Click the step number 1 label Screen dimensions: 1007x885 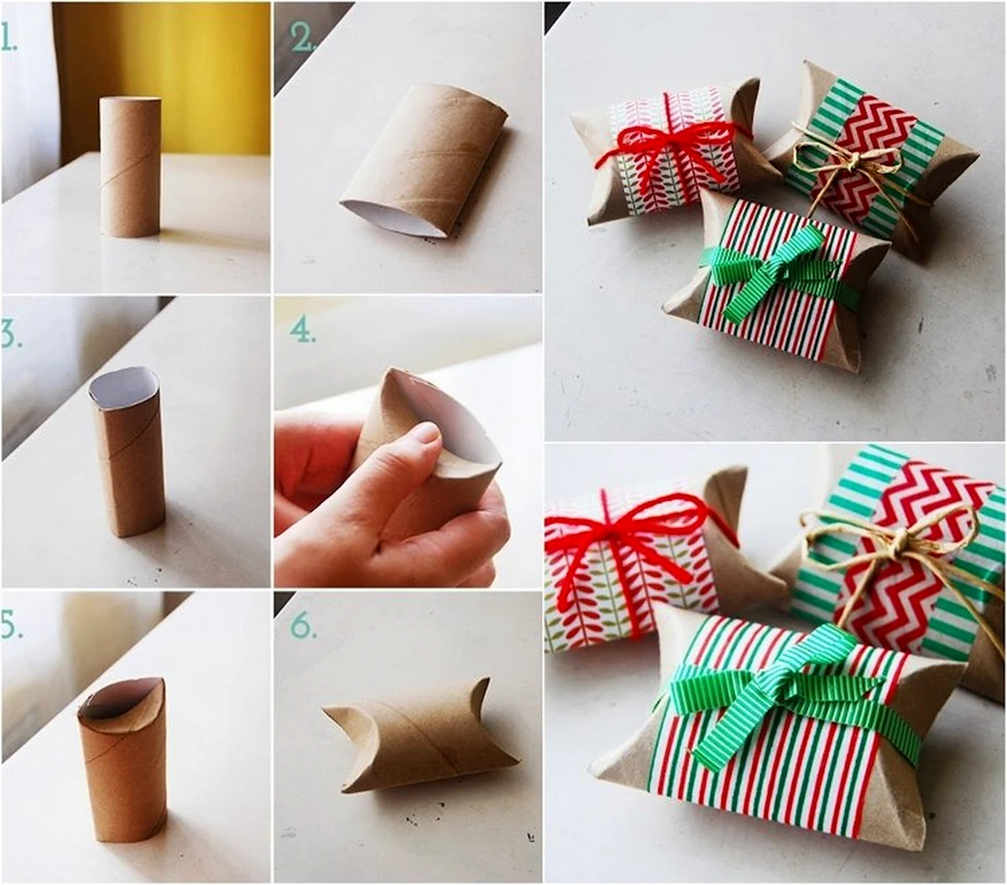[9, 38]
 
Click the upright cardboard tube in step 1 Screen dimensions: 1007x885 [131, 168]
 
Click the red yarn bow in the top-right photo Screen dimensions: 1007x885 [669, 149]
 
